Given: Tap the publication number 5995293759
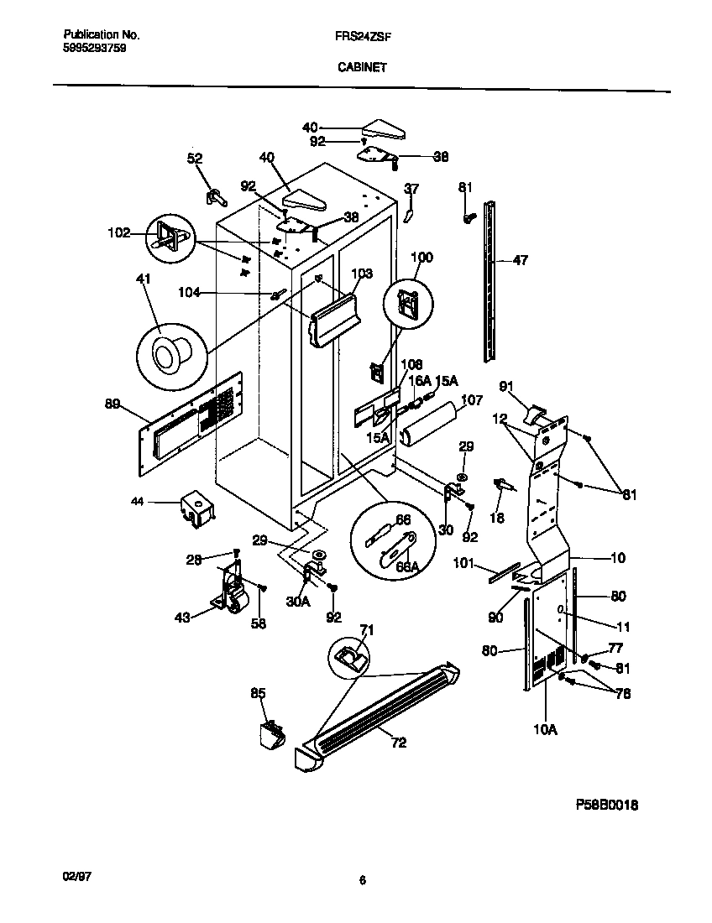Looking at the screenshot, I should click(x=95, y=49).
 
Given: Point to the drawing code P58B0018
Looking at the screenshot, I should click(x=606, y=804).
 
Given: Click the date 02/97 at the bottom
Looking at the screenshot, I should click(x=76, y=875).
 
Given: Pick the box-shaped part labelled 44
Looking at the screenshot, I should click(x=195, y=510).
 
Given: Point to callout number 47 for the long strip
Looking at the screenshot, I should click(x=520, y=261).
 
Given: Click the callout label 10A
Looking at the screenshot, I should click(x=545, y=730).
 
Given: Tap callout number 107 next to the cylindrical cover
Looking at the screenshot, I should click(x=472, y=400).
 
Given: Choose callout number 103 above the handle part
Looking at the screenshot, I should click(x=361, y=273).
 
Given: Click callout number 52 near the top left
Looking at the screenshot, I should click(x=195, y=159).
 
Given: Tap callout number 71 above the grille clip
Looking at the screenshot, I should click(x=367, y=629).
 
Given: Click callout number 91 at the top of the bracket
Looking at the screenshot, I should click(x=506, y=386).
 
